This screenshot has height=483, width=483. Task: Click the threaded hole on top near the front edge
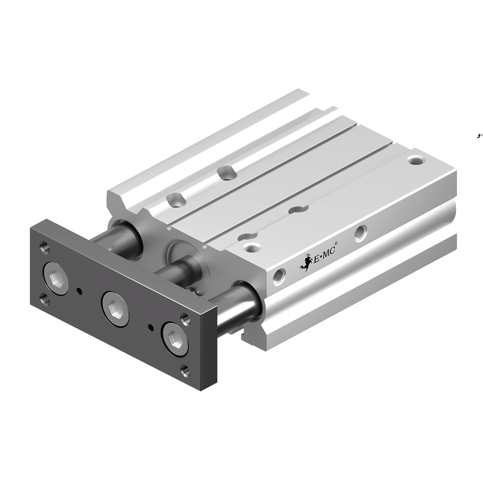pyautogui.click(x=250, y=248)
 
